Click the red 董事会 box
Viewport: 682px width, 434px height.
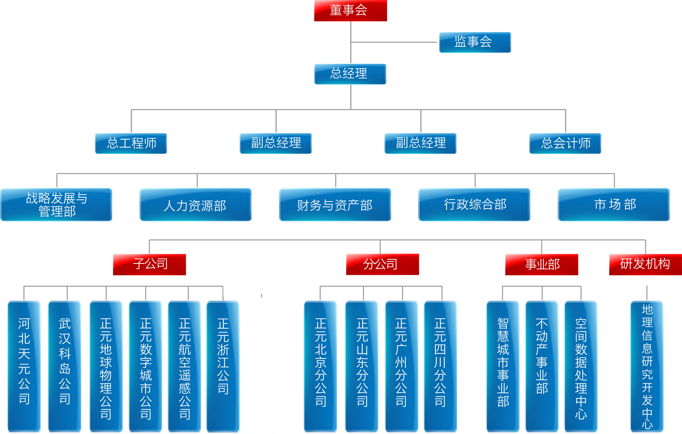click(x=350, y=11)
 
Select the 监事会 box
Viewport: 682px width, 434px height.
click(x=475, y=42)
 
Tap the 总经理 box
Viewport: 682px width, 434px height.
click(x=350, y=74)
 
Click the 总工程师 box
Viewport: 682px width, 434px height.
click(x=131, y=143)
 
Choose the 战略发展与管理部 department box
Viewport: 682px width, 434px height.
click(x=57, y=204)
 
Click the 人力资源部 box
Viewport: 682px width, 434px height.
click(x=195, y=204)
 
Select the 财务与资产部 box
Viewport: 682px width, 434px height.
click(x=335, y=204)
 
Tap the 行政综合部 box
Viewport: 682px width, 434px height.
click(x=474, y=204)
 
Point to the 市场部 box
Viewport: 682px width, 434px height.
click(x=614, y=204)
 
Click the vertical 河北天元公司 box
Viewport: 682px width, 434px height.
click(x=24, y=366)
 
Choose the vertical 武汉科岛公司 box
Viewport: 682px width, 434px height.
click(x=64, y=366)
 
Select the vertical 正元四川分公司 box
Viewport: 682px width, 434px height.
click(x=440, y=366)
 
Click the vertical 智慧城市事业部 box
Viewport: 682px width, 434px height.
click(x=503, y=366)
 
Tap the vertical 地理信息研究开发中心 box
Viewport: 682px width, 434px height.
click(x=647, y=366)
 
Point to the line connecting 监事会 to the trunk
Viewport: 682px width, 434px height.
click(x=394, y=42)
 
